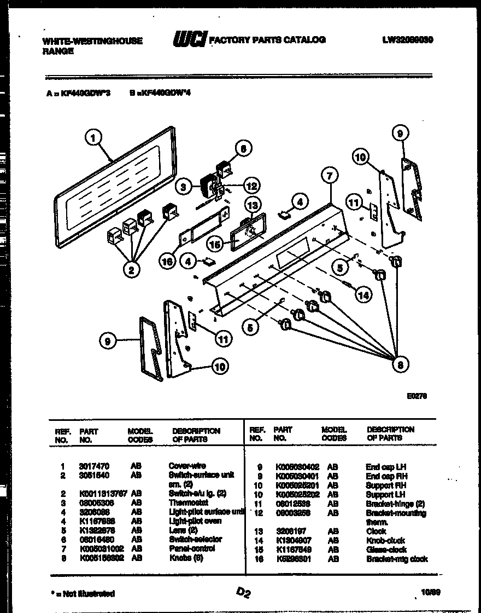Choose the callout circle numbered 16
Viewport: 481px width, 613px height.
click(167, 262)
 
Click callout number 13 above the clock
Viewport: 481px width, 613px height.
click(252, 206)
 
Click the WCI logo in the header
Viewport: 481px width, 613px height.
click(189, 40)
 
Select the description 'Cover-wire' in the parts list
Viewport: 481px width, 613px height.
click(187, 466)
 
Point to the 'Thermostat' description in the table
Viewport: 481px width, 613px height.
click(188, 502)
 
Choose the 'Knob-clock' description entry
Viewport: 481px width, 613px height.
click(385, 541)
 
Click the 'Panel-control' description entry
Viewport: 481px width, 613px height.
click(192, 548)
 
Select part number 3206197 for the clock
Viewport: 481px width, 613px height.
click(288, 531)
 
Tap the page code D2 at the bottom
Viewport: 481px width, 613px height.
click(243, 592)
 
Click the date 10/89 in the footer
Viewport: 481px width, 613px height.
click(429, 592)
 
